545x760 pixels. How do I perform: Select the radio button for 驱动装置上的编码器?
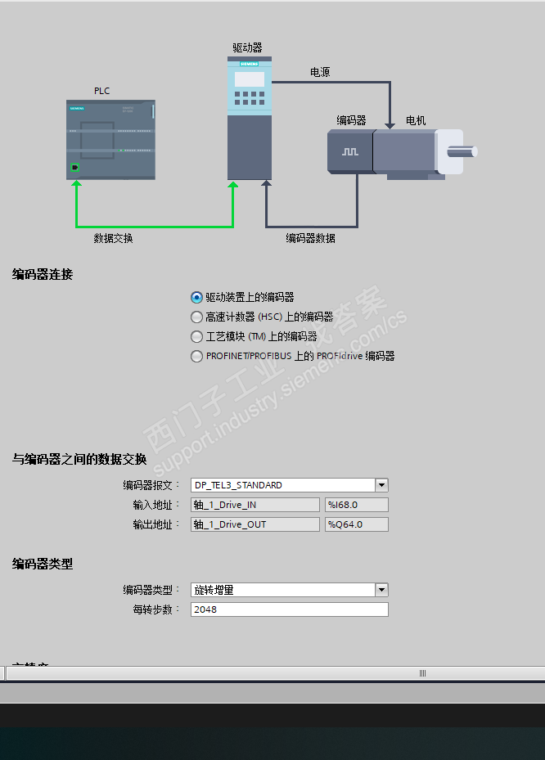click(x=196, y=298)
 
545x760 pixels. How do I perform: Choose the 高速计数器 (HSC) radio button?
click(x=196, y=317)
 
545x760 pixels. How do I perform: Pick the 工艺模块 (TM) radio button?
click(x=196, y=336)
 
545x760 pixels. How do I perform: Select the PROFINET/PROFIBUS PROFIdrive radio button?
click(x=196, y=356)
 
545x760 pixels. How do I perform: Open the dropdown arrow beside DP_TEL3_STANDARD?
click(x=381, y=485)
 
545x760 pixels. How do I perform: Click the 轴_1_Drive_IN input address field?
click(x=254, y=505)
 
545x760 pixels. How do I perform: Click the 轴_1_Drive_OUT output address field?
click(x=254, y=524)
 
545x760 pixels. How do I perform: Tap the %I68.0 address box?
click(x=356, y=505)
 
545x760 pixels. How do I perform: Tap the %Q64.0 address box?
click(x=356, y=524)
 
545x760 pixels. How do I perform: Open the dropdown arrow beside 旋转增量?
click(x=381, y=590)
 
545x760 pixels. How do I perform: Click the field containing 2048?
click(x=289, y=609)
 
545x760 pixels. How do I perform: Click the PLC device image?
click(x=110, y=139)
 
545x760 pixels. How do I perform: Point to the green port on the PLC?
click(x=75, y=168)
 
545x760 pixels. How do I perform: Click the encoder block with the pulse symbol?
click(x=350, y=152)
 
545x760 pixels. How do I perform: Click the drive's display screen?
click(x=250, y=79)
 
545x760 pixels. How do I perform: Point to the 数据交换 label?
click(x=113, y=238)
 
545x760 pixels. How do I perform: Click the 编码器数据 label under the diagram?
click(x=310, y=238)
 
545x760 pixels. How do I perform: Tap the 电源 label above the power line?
click(x=320, y=72)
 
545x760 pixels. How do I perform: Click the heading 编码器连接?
click(x=43, y=275)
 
